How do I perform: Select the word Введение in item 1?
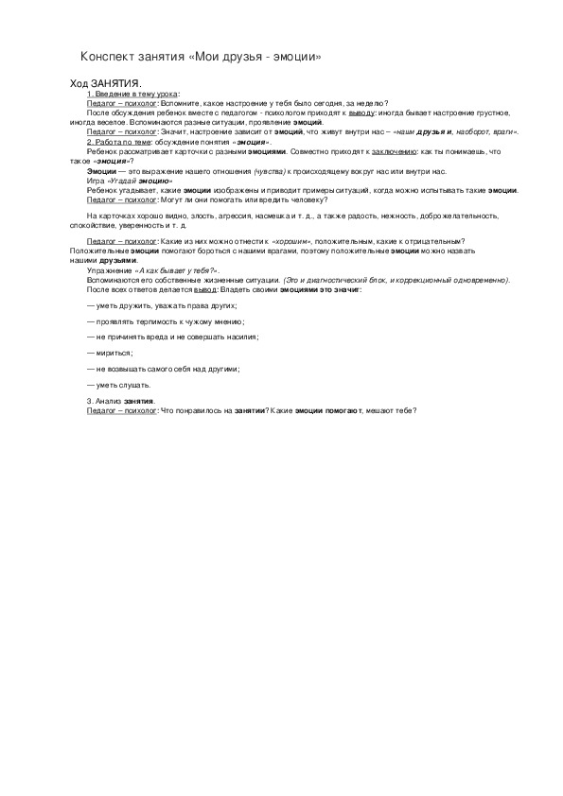[110, 95]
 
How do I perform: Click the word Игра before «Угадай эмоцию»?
[95, 180]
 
